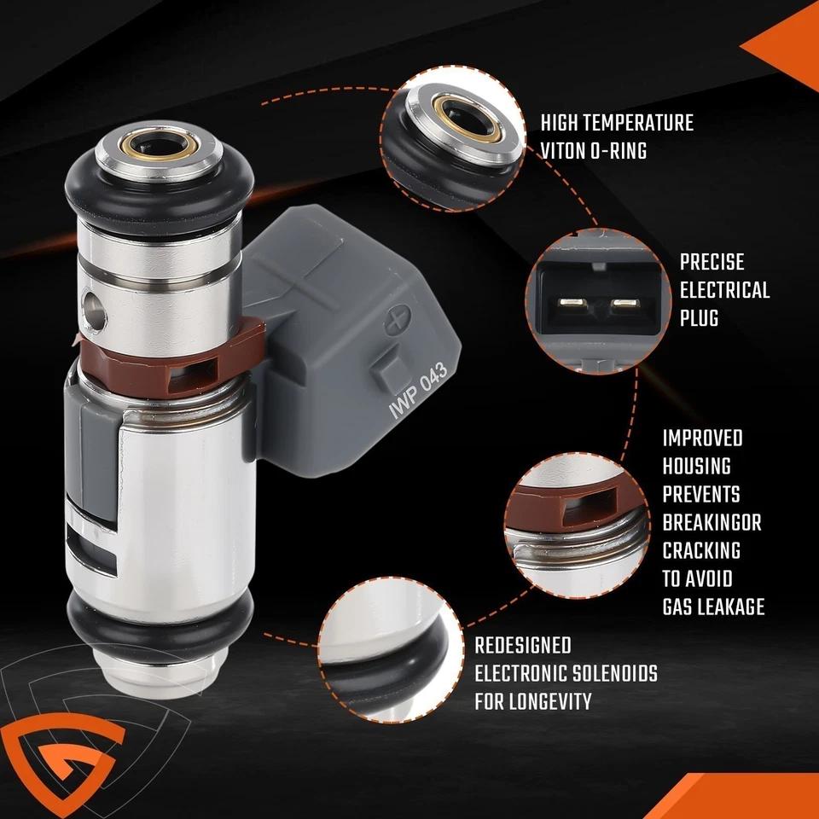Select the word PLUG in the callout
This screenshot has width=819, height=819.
click(699, 318)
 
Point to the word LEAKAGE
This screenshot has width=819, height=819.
click(728, 606)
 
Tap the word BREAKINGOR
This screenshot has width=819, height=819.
click(712, 522)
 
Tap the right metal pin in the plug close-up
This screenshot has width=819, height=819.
click(624, 304)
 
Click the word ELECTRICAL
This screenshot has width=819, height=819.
click(724, 290)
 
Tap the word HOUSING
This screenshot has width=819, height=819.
click(696, 466)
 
